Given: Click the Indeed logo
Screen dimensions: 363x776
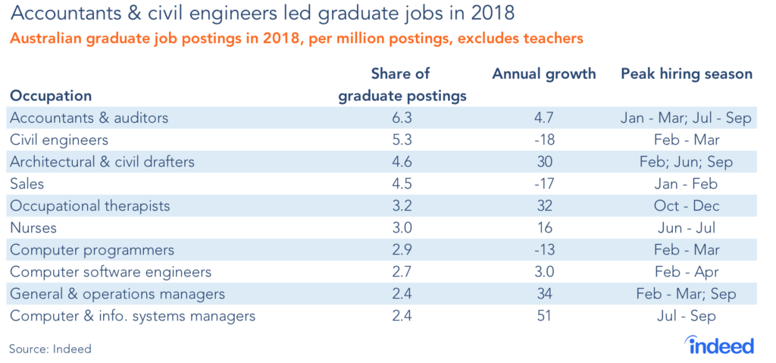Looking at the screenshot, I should (721, 345).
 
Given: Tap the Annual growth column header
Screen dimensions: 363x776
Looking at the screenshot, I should (543, 74).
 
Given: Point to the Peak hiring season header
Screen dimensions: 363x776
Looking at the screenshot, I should (687, 74).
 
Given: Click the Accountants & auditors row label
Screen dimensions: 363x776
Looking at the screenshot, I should (88, 118).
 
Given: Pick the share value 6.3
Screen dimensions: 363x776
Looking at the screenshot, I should (402, 118).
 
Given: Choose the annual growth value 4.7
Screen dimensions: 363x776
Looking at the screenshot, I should (543, 118).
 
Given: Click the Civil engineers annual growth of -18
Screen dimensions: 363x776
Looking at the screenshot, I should (543, 140).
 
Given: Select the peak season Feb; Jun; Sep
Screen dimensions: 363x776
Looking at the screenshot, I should (687, 162).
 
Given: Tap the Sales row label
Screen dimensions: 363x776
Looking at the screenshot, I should (27, 184).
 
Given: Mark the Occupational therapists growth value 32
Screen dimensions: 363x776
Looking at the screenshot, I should (543, 206).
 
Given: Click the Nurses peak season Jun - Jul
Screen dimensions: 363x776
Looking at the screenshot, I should (687, 227).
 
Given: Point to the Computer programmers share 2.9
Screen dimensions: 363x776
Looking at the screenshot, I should (402, 249).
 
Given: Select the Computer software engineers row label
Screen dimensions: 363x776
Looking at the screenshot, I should (110, 271).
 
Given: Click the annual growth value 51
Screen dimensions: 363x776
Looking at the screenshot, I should (543, 315).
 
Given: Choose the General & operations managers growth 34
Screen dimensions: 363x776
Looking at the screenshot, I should (543, 293).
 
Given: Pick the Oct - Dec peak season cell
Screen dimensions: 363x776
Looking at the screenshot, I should (687, 206).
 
